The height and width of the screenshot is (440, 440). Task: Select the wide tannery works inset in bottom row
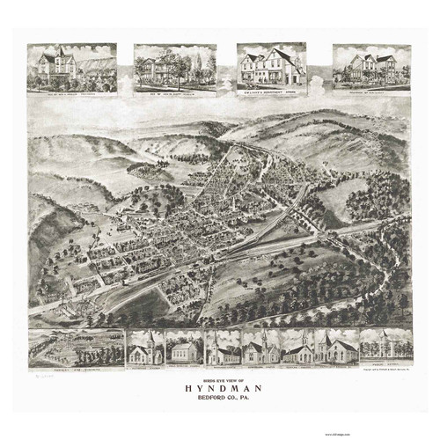tap(76, 347)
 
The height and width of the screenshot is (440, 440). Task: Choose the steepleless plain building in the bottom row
tap(183, 348)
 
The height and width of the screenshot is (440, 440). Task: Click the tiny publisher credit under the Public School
tap(385, 369)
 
